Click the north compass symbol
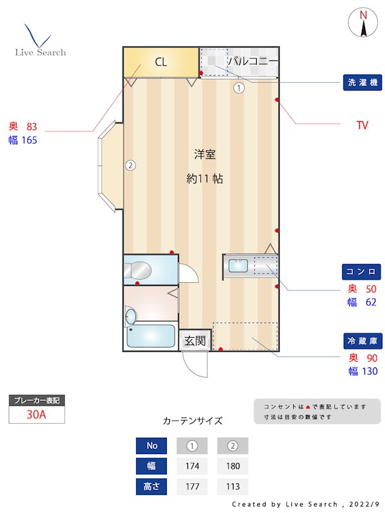(363, 24)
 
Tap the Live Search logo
(40, 42)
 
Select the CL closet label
(160, 62)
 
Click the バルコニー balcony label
(253, 62)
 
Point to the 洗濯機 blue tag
(363, 83)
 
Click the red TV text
(363, 126)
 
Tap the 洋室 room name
(205, 155)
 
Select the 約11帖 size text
(205, 180)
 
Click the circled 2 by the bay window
(130, 165)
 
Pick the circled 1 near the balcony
(239, 88)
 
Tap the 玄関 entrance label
(195, 341)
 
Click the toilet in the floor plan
(139, 270)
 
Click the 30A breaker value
(37, 415)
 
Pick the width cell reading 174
(191, 466)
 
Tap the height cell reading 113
(232, 487)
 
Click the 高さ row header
(151, 487)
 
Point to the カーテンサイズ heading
(193, 421)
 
